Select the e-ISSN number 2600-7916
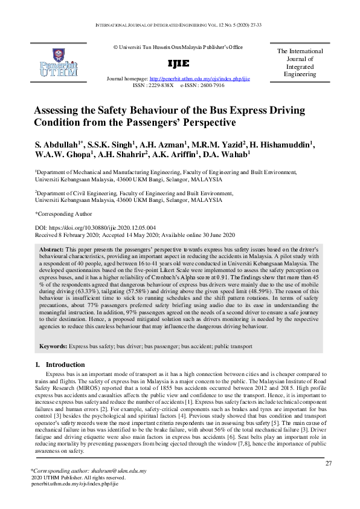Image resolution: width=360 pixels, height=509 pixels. (x=211, y=85)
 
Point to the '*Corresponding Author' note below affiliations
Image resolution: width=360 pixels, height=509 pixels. (x=63, y=213)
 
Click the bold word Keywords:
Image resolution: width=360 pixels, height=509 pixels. (x=53, y=346)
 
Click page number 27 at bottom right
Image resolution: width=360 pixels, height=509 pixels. (x=329, y=464)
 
